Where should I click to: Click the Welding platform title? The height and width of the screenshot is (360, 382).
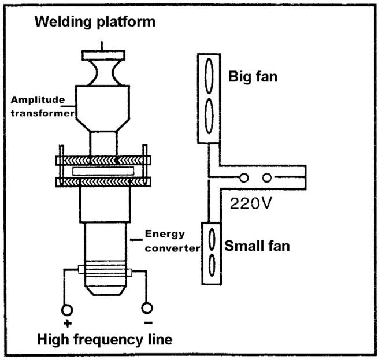pos(95,22)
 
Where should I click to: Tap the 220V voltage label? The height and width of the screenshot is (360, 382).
pos(250,203)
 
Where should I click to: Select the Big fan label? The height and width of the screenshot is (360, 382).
pos(253,76)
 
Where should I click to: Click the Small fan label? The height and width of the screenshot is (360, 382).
pos(257,246)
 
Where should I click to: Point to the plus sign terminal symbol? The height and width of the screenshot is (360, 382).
pos(68,324)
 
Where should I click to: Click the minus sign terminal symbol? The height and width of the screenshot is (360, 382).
pos(149,323)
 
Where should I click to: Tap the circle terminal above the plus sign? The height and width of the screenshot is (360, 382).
pos(67,310)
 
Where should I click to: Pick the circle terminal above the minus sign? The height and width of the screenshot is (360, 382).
pos(147,308)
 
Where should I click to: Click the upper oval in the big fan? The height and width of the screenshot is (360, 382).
pos(209,76)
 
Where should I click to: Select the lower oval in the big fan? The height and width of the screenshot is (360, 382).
pos(209,116)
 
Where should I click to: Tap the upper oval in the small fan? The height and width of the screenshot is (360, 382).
pos(212,239)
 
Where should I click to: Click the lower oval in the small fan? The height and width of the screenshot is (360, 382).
pos(212,265)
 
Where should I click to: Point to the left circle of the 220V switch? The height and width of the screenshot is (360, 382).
pos(244,177)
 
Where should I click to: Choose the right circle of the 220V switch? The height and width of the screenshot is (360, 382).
pos(267,177)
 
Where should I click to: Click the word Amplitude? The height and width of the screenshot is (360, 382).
pos(38,100)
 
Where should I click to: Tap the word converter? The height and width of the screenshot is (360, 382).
pos(172,248)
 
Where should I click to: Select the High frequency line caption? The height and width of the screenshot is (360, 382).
pos(105,340)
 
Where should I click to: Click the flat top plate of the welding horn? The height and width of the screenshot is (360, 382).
pos(103,55)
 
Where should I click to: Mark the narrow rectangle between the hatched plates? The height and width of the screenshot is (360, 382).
pos(103,171)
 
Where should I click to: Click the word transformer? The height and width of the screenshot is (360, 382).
pos(43,113)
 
